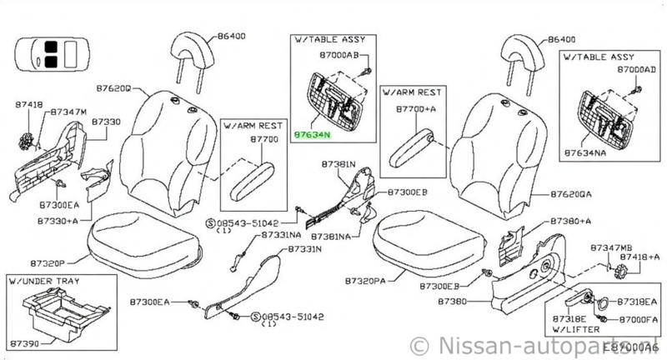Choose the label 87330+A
(59, 221)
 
